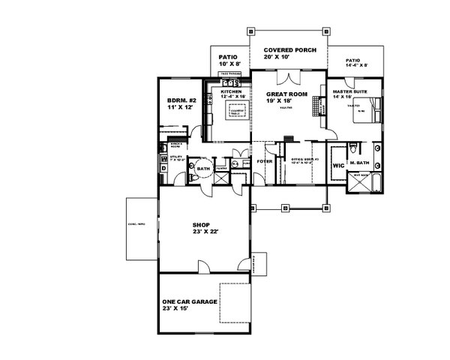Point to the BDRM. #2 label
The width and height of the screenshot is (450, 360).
click(x=179, y=100)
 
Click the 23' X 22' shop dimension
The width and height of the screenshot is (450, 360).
click(x=202, y=232)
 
